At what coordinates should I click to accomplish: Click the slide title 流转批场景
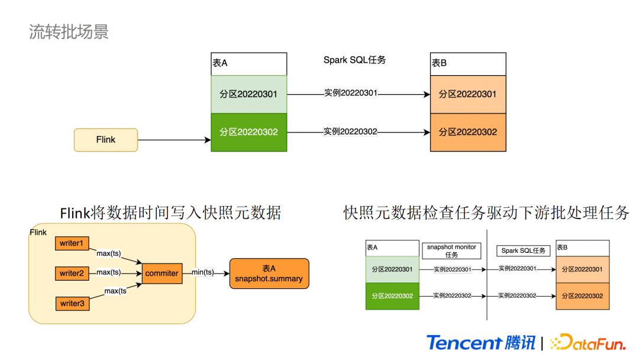tap(69, 31)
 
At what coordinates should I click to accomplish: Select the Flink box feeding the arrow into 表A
tap(106, 140)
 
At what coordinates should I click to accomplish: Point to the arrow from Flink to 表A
tap(174, 140)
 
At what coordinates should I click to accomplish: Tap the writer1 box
tap(72, 243)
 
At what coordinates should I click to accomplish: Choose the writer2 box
tap(72, 273)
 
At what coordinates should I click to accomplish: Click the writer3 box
tap(72, 303)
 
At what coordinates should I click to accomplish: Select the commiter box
tap(162, 273)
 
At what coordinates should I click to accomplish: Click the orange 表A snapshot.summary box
tap(269, 274)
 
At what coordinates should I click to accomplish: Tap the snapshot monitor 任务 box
tap(451, 250)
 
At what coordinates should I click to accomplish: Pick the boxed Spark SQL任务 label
tap(524, 250)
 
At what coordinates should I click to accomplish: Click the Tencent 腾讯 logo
tap(480, 342)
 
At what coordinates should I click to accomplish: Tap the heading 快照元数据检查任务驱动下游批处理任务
tap(486, 213)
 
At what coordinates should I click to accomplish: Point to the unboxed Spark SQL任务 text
tap(355, 60)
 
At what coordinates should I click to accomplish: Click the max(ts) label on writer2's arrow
tap(109, 272)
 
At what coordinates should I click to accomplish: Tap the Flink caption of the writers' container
tap(38, 233)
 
